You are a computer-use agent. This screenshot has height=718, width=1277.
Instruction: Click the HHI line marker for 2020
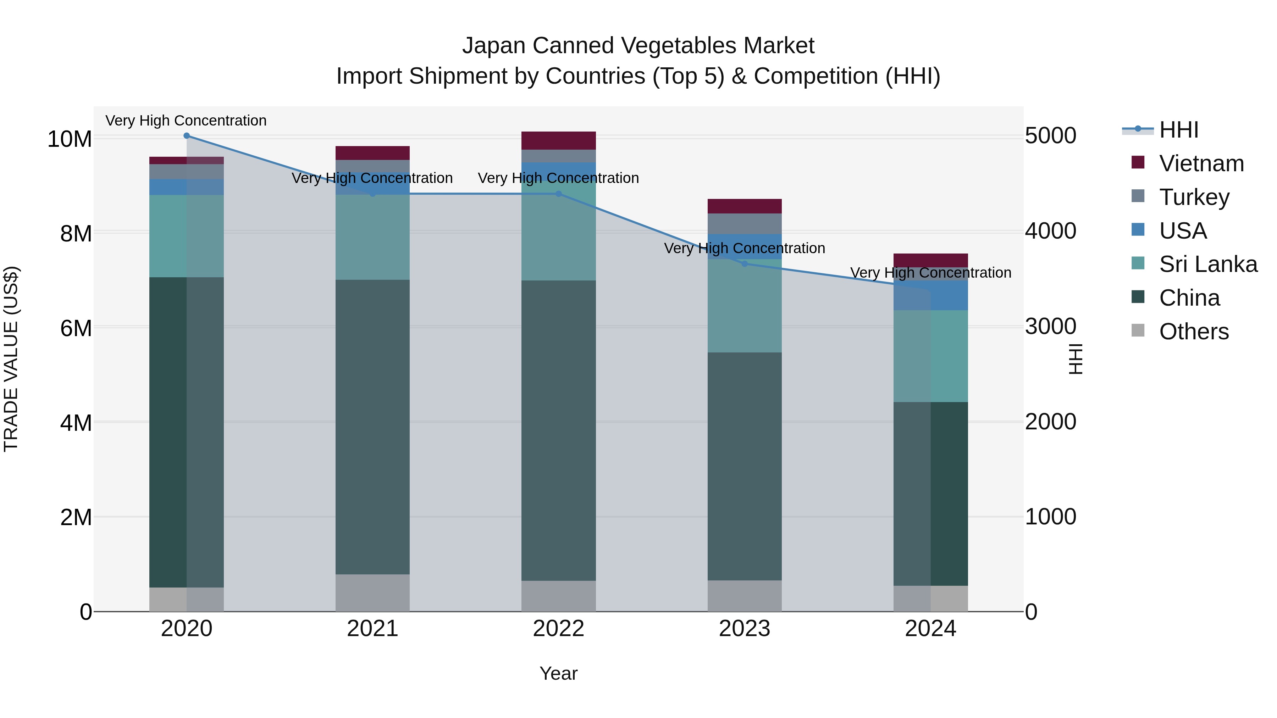tap(186, 136)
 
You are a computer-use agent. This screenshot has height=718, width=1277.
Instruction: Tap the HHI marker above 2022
tap(559, 194)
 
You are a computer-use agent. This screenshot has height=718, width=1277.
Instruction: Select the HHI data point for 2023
tap(745, 263)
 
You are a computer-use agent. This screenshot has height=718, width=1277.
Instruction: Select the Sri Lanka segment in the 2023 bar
tap(745, 306)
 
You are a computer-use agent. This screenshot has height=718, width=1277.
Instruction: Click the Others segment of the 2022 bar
tap(559, 596)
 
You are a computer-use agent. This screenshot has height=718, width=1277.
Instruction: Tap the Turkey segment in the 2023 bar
tap(745, 223)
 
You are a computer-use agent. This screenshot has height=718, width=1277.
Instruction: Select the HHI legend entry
tap(1178, 130)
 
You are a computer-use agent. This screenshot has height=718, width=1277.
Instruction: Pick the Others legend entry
tap(1194, 332)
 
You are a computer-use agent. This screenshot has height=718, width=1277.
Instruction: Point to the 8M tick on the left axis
tap(76, 233)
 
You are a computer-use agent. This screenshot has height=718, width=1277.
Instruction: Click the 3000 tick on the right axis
tap(1050, 327)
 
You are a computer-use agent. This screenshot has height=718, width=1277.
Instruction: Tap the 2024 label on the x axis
tap(930, 629)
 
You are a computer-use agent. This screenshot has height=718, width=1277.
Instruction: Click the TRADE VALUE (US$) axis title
tap(11, 359)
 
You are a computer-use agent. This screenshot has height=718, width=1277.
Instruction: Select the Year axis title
tap(559, 673)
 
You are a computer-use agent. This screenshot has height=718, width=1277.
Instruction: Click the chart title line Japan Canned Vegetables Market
tap(638, 46)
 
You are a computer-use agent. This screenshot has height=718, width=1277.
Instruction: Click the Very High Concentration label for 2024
tap(930, 273)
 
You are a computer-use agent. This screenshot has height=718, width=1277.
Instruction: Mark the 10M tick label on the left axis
tap(70, 139)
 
